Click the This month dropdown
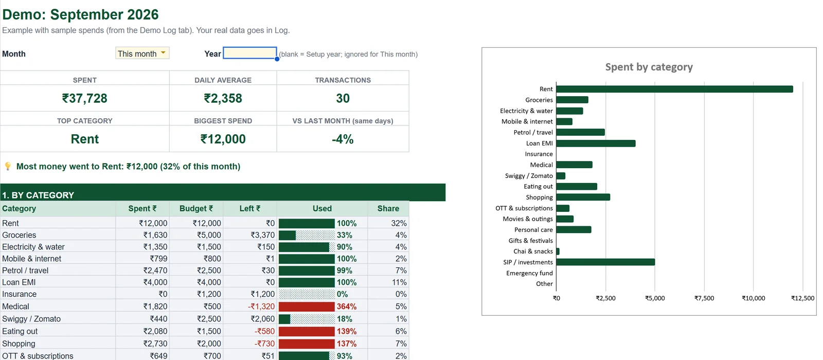[142, 53]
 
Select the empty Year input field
[250, 53]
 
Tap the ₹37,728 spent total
[84, 98]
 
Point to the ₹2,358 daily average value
[223, 98]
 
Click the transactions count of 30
[343, 98]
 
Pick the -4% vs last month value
[343, 139]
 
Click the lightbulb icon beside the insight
[8, 167]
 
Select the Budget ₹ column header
[196, 209]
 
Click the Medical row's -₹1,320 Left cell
[261, 307]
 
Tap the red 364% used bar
[307, 307]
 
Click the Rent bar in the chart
[674, 89]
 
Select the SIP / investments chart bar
[605, 262]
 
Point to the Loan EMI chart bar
[596, 143]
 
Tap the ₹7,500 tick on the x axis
[704, 298]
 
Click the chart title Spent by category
[649, 67]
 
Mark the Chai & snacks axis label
[533, 251]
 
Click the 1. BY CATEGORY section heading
[38, 195]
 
